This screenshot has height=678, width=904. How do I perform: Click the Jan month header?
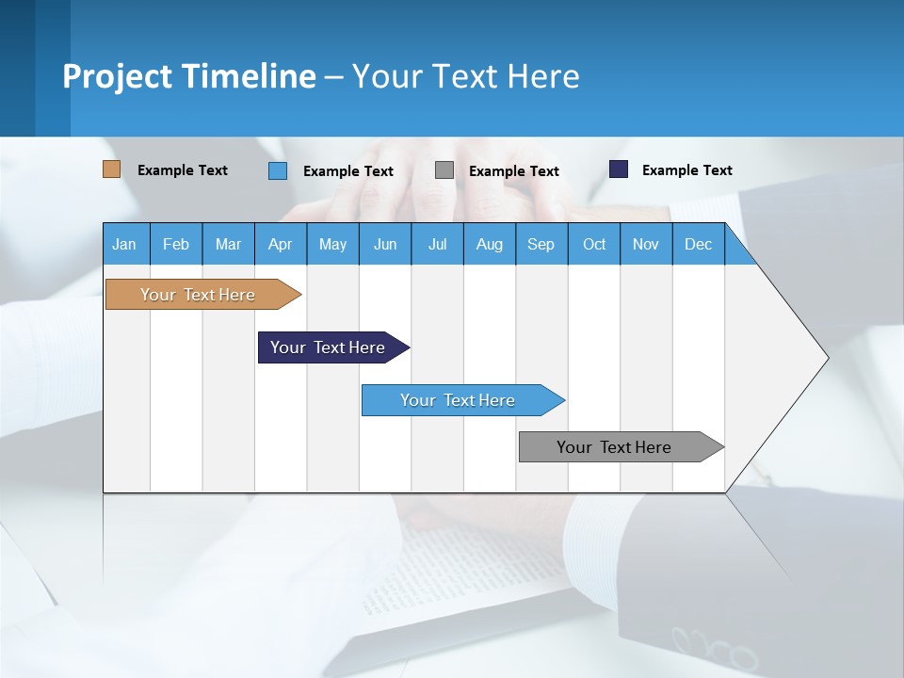124,244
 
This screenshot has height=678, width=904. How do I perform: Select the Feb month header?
176,244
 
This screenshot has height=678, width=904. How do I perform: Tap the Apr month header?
280,244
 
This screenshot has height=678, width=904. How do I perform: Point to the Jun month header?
385,244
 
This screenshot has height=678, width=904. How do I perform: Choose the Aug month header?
489,244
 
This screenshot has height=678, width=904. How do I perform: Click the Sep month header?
541,244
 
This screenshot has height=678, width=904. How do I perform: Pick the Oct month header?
594,244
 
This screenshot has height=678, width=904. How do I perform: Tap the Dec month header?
698,244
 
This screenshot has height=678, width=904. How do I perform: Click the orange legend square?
111,169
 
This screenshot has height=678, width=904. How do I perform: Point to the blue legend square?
278,170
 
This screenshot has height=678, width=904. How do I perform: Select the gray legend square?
444,170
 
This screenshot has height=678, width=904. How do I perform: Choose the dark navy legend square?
619,169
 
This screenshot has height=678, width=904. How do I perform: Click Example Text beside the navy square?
686,169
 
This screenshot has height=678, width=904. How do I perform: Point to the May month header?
332,244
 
